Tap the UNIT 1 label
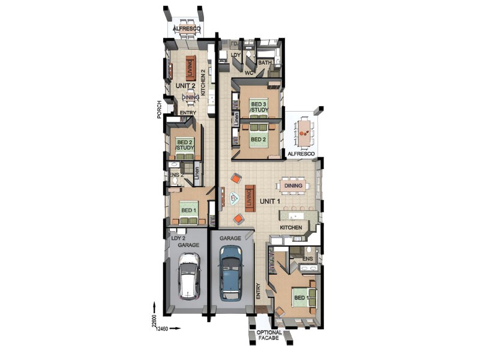coord(270,201)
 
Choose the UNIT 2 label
coord(185,86)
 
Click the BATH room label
coord(264,62)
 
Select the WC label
coord(250,73)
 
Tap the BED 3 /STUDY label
coord(259,107)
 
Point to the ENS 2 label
coord(175,175)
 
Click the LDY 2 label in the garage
coord(177,238)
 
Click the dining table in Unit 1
coord(293,186)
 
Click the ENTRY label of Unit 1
coord(259,292)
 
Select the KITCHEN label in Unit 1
coord(291,228)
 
